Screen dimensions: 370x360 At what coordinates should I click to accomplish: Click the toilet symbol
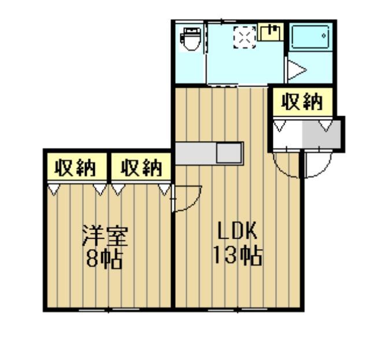coord(191,39)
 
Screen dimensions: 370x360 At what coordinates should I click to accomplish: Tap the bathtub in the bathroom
coord(310,36)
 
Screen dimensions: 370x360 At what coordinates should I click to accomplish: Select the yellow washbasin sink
coord(271,32)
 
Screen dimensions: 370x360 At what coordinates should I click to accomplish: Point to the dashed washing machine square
coord(245,38)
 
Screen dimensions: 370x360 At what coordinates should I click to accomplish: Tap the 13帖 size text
coord(238,255)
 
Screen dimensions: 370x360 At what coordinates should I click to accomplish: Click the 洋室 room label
coord(105,236)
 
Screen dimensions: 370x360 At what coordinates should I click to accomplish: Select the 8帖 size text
coord(104,258)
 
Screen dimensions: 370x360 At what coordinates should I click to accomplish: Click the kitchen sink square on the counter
coord(230,153)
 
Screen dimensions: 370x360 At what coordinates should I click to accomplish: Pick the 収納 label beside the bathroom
coord(302,102)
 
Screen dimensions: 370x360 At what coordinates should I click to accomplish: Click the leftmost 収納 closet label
coord(75,168)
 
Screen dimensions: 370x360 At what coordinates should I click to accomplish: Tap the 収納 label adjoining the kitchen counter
coord(141,168)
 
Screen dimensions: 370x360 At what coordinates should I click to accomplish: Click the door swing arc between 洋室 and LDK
coord(193,202)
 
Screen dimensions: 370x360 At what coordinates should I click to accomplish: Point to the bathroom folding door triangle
coord(297,70)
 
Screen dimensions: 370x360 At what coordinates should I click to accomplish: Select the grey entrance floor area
coord(321,134)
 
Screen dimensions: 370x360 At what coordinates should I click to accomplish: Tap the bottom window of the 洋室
coord(109,309)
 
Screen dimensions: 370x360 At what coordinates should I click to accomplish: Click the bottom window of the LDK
coord(238,309)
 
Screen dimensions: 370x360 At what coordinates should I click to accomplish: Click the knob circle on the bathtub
coord(324,36)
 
